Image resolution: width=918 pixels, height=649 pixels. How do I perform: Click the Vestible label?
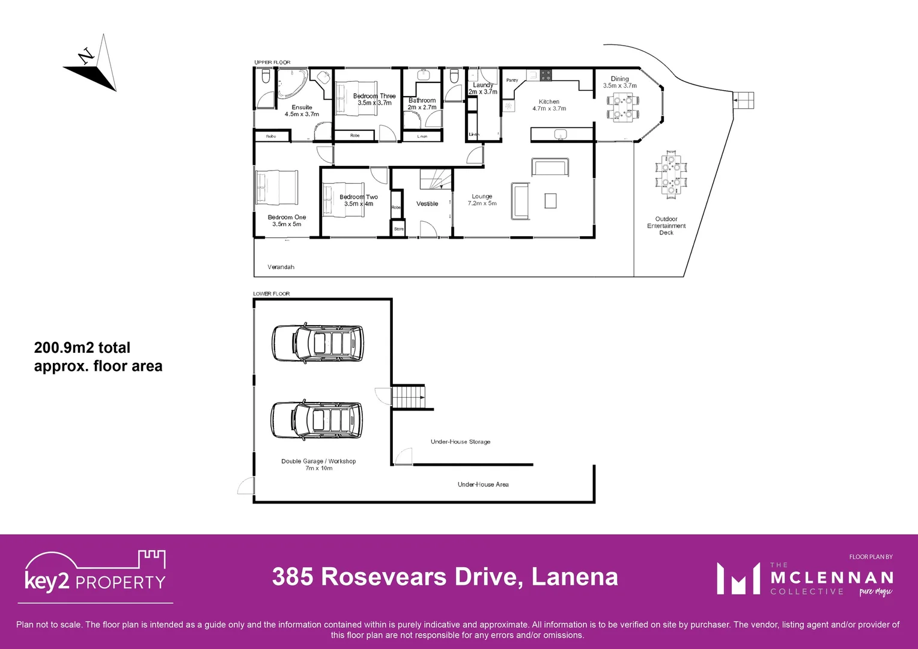pyautogui.click(x=427, y=204)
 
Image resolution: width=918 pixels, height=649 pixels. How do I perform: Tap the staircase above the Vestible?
pyautogui.click(x=435, y=179)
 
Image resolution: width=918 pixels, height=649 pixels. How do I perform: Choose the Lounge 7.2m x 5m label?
pyautogui.click(x=482, y=200)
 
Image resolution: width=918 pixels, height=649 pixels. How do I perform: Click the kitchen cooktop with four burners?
pyautogui.click(x=546, y=75)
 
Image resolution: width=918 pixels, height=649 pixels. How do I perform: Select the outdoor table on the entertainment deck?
pyautogui.click(x=670, y=174)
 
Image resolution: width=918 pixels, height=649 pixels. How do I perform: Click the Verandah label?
pyautogui.click(x=281, y=267)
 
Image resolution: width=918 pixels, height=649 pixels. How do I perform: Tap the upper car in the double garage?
pyautogui.click(x=318, y=343)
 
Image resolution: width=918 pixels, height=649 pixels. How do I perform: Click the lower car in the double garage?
pyautogui.click(x=317, y=419)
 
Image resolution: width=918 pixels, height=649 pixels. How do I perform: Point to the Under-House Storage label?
pyautogui.click(x=460, y=442)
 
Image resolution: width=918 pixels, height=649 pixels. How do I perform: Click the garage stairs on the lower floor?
pyautogui.click(x=409, y=397)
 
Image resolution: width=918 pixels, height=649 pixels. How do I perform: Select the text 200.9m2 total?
pyautogui.click(x=82, y=348)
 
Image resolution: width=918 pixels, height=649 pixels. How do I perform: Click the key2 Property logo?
pyautogui.click(x=95, y=573)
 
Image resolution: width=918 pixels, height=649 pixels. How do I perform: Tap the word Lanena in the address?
pyautogui.click(x=574, y=577)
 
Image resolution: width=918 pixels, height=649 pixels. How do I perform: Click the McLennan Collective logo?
pyautogui.click(x=805, y=579)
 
